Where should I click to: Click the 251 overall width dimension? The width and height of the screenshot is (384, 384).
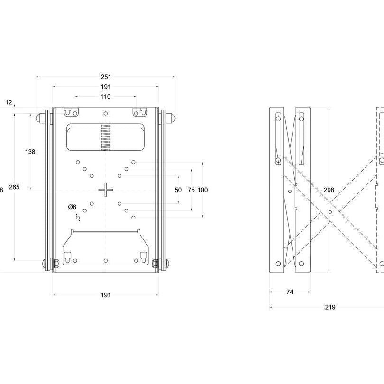(105, 76)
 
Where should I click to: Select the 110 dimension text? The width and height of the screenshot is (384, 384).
(105, 97)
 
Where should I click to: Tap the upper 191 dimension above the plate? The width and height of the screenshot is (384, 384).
(105, 87)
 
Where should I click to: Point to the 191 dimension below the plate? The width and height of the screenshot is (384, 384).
(105, 295)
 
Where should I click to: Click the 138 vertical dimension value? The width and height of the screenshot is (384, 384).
(30, 152)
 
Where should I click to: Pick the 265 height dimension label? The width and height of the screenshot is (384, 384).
(14, 188)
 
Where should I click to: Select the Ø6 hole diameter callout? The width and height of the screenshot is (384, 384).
(72, 207)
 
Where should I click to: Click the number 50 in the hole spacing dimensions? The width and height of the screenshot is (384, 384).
(178, 190)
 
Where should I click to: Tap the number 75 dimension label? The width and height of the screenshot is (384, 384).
(191, 190)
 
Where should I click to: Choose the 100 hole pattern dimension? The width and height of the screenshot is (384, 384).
(203, 190)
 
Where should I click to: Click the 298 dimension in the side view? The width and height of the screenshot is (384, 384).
(329, 190)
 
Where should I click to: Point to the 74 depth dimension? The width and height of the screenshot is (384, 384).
(290, 292)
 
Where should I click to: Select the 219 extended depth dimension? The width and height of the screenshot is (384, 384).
(330, 307)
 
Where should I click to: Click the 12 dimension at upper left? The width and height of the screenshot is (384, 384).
(9, 102)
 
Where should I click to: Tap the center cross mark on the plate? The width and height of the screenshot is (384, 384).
(105, 190)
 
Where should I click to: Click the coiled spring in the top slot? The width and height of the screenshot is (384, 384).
(105, 137)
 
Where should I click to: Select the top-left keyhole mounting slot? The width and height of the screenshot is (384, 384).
(71, 112)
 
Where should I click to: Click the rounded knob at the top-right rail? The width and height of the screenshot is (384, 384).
(174, 117)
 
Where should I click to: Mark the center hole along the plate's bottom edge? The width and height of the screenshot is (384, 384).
(105, 260)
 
